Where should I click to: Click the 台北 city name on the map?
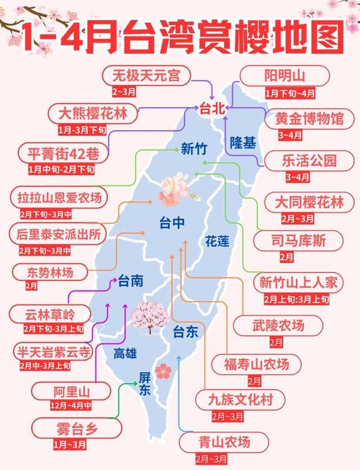pos(214,109)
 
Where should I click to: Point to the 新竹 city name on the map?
pos(194,150)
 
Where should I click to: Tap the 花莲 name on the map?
pos(217,240)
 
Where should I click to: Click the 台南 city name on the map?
pos(130,280)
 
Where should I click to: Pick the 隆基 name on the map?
pos(243,143)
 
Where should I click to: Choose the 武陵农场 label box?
pos(276,325)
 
